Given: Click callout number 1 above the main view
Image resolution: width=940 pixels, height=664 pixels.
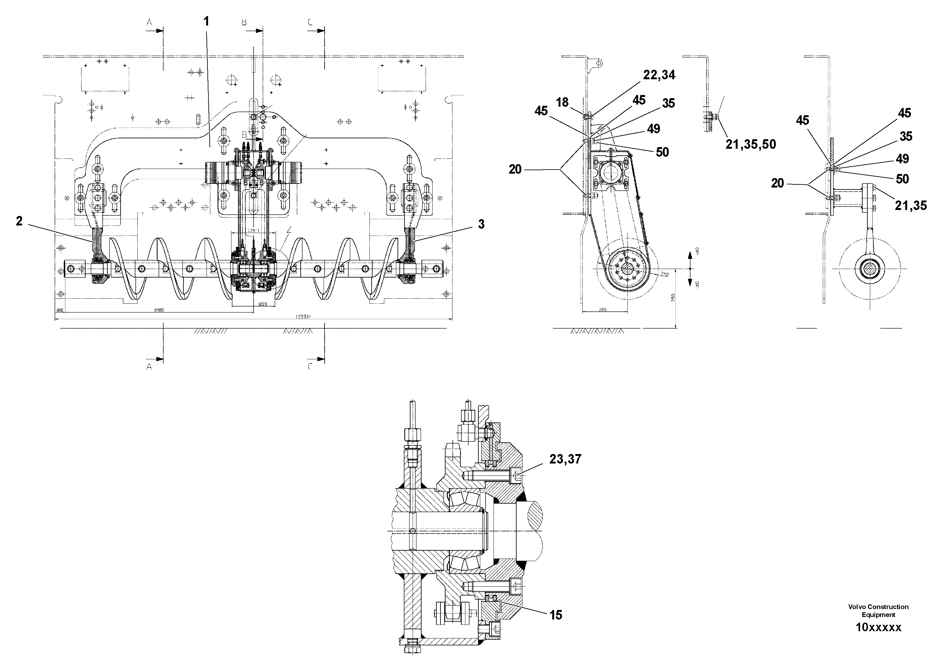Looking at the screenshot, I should pyautogui.click(x=206, y=21).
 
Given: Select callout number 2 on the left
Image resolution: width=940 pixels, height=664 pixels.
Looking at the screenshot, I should pyautogui.click(x=19, y=221).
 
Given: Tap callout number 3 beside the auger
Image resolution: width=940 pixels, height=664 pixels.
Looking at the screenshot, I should pyautogui.click(x=481, y=224).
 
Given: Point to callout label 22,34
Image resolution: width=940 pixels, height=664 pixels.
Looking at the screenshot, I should pyautogui.click(x=659, y=75).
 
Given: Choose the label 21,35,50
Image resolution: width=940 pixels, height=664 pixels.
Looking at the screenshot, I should pyautogui.click(x=751, y=144).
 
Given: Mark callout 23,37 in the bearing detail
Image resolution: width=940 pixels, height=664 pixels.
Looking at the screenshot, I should pyautogui.click(x=565, y=459).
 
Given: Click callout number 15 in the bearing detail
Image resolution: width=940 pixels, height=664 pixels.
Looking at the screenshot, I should pyautogui.click(x=555, y=615).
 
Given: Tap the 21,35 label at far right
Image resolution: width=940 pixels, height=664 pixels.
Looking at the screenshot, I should pyautogui.click(x=911, y=206).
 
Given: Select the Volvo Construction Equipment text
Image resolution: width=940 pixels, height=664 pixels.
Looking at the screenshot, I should pyautogui.click(x=878, y=610).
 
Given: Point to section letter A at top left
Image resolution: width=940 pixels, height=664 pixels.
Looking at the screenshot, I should pyautogui.click(x=149, y=22).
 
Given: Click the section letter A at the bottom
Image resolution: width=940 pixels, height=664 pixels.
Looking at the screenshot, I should pyautogui.click(x=149, y=367).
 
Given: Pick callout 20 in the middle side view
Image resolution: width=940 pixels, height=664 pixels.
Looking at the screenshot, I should pyautogui.click(x=515, y=169).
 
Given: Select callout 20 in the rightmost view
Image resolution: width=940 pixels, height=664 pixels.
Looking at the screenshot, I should pyautogui.click(x=777, y=183).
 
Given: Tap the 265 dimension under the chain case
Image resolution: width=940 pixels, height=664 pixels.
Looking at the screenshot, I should pyautogui.click(x=603, y=310).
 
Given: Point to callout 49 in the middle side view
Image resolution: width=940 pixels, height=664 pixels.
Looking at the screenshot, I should pyautogui.click(x=653, y=129).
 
